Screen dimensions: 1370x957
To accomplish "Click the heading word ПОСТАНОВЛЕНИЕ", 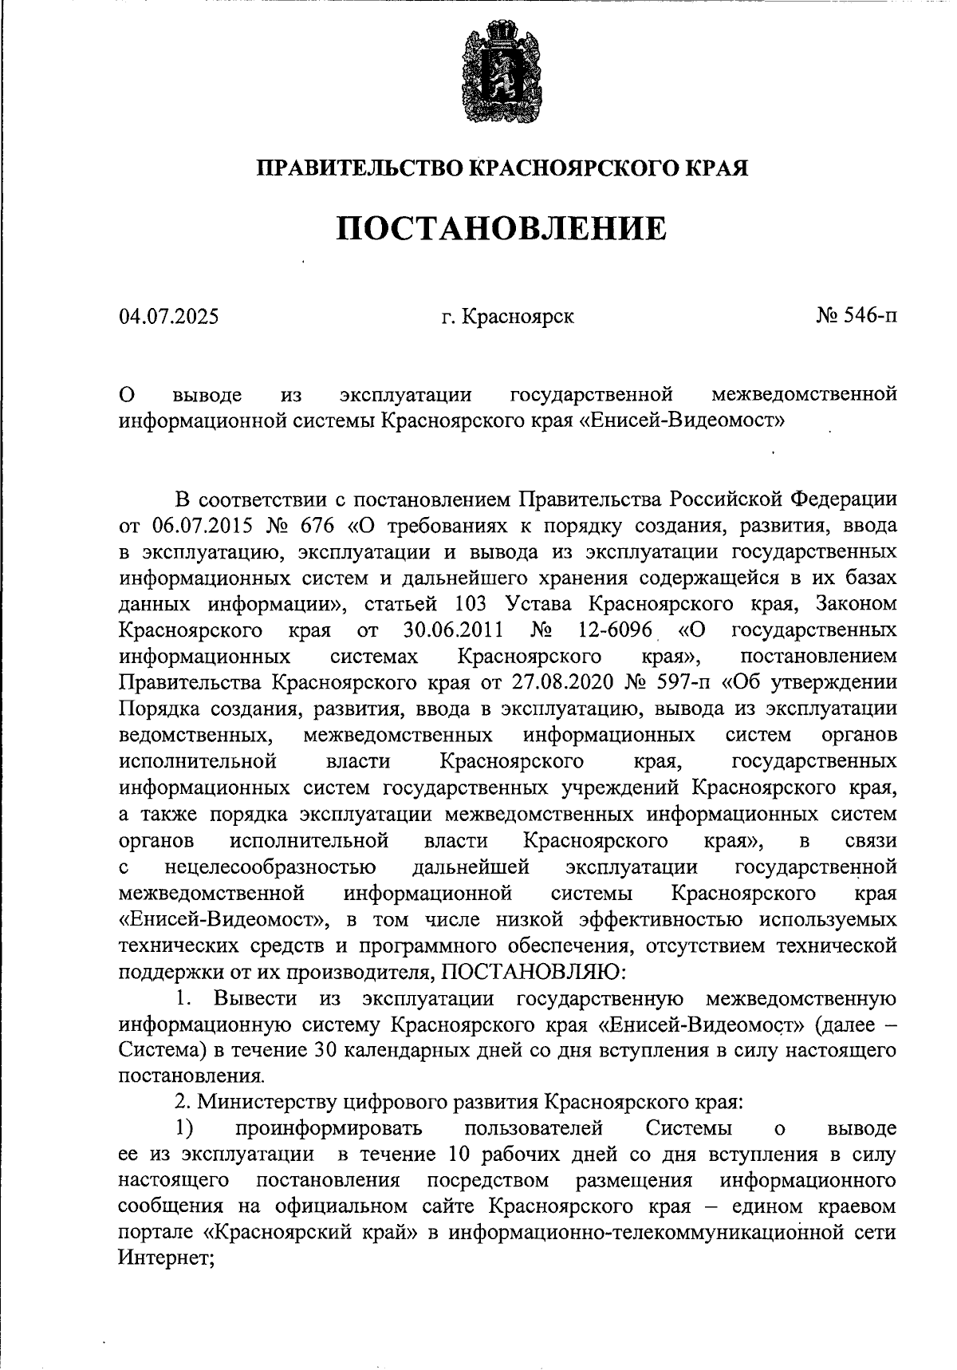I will [x=500, y=229].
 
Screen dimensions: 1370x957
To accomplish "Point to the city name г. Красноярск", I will [x=508, y=317].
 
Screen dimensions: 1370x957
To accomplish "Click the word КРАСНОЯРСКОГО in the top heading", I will [x=570, y=168].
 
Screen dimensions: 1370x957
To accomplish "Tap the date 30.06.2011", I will [x=453, y=630].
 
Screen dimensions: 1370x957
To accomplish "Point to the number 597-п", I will [x=685, y=683].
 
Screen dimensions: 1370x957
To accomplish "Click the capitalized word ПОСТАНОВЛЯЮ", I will [x=529, y=972].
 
